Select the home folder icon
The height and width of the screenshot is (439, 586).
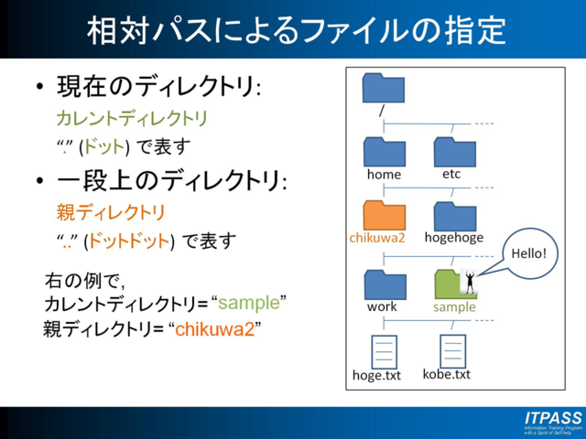coord(383,151)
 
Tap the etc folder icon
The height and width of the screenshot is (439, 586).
coord(454,151)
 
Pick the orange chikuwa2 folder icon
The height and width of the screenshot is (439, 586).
coord(383,215)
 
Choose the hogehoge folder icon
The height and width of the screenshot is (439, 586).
coord(454,215)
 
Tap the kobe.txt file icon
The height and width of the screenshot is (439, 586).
coord(453,350)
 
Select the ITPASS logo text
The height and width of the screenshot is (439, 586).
coord(553,418)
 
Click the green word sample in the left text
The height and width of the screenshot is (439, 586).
coord(254,303)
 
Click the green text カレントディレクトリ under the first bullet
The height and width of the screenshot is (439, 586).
coord(132,119)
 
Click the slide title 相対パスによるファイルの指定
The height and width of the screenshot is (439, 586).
coord(295,29)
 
